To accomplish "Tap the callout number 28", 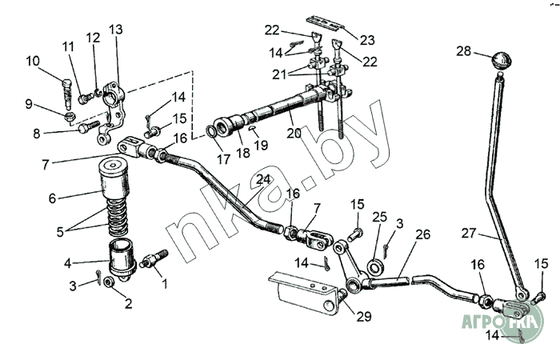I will (464, 50).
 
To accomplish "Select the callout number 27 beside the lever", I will (469, 234).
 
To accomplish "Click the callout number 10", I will (33, 60).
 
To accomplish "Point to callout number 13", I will (116, 30).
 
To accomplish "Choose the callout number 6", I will (53, 198).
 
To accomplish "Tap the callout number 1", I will (166, 282).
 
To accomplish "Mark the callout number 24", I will (262, 179).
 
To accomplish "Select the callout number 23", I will (367, 39).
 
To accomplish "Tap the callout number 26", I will (422, 234).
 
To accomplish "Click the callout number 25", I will (380, 217).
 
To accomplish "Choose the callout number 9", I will (30, 104).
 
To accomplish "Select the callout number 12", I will (94, 38).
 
